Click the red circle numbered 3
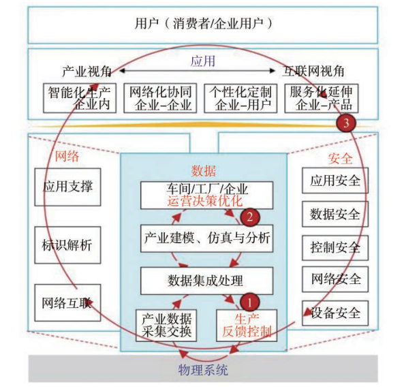(x=346, y=123)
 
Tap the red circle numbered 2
(x=250, y=217)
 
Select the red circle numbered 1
(x=249, y=302)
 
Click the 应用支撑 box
(x=67, y=187)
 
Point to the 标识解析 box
(x=67, y=245)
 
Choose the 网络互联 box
(x=67, y=303)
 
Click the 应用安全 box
(x=335, y=181)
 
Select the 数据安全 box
(x=335, y=214)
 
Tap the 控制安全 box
(x=335, y=248)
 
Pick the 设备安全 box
(x=335, y=313)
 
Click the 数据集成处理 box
(x=206, y=281)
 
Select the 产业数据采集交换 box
(x=166, y=326)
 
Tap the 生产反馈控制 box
(x=247, y=326)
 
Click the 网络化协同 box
(x=160, y=98)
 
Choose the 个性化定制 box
(x=240, y=98)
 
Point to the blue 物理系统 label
(x=203, y=370)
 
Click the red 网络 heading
(x=67, y=156)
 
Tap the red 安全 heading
(x=340, y=158)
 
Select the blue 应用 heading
(x=203, y=61)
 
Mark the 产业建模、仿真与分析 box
(x=206, y=238)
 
